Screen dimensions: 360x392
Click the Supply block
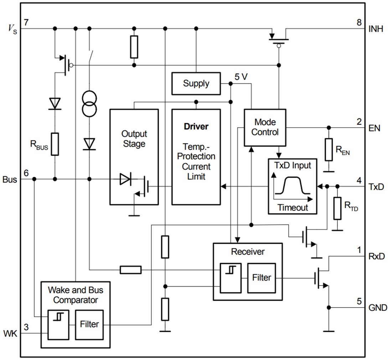196,83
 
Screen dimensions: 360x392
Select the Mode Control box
264,127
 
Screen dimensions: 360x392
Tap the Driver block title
196,126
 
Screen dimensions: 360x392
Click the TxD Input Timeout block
292,186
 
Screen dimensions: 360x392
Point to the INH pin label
376,29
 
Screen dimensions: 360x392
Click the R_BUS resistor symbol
55,144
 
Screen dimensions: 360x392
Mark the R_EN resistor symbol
329,150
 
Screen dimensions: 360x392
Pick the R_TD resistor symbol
337,208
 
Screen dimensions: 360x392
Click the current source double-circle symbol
89,104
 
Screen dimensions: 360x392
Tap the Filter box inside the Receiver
262,277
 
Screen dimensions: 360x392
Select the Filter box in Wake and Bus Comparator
89,324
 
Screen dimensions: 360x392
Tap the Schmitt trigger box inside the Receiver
230,278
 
